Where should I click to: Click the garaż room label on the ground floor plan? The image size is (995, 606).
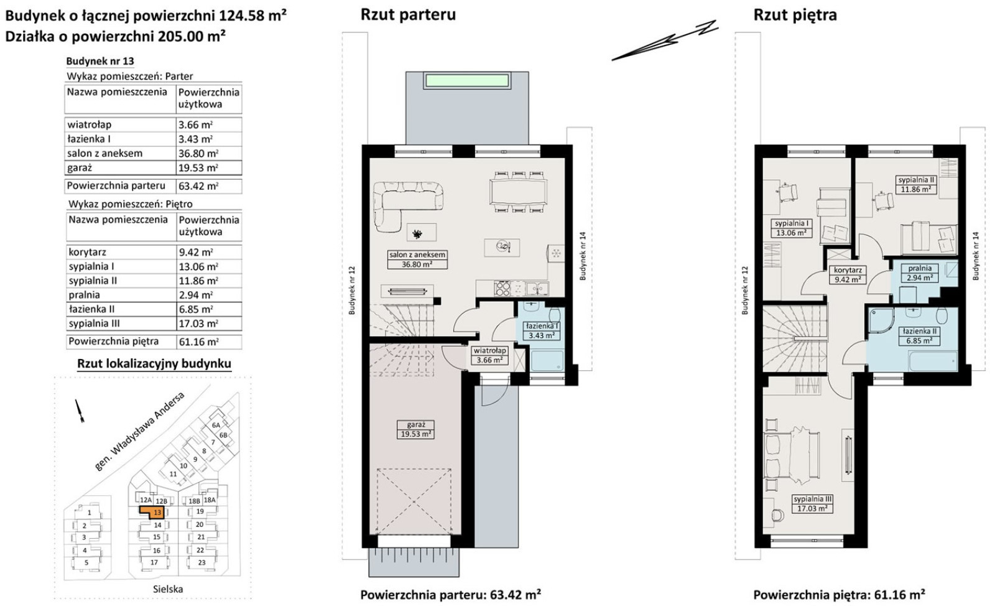point(415,424)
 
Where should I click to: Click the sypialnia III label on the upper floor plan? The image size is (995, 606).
point(812,499)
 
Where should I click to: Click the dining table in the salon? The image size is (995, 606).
point(518,192)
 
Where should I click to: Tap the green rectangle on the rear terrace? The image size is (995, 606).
point(467,80)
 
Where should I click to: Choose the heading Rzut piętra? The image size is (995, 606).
point(795,15)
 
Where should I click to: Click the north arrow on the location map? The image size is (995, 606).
point(79,411)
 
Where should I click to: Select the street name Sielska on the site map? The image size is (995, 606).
point(168,589)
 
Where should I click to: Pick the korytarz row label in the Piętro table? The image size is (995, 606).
point(88,253)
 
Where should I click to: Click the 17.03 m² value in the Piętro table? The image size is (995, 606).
point(198,324)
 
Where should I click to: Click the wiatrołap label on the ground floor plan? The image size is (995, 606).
point(489,350)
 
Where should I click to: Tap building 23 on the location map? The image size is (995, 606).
point(201,562)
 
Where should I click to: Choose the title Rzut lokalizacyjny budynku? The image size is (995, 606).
point(154,363)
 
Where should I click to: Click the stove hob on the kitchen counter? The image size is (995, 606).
point(502,288)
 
